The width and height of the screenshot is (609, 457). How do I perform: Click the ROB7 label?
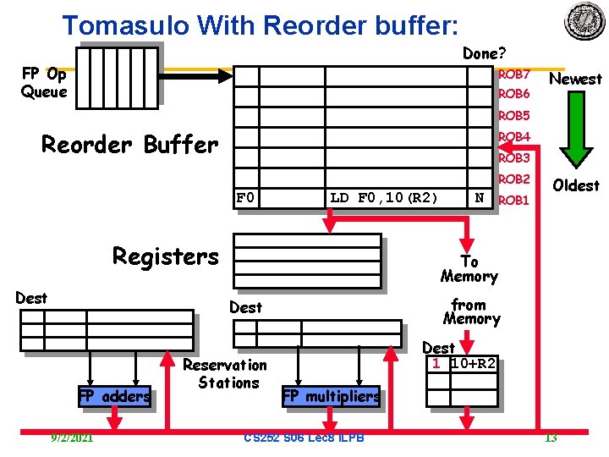pyautogui.click(x=513, y=74)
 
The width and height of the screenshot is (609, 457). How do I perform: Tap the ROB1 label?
pyautogui.click(x=513, y=201)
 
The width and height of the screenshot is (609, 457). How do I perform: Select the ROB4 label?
pyautogui.click(x=513, y=137)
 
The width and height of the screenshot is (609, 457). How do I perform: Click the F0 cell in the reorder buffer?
pyautogui.click(x=246, y=198)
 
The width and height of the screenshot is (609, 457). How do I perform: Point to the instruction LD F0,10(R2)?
pyautogui.click(x=383, y=198)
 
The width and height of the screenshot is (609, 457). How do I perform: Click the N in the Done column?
pyautogui.click(x=479, y=197)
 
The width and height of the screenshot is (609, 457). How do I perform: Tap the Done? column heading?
pyautogui.click(x=484, y=53)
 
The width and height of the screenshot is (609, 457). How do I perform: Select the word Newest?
pyautogui.click(x=575, y=80)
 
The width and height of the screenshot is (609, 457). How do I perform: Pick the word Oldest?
pyautogui.click(x=575, y=185)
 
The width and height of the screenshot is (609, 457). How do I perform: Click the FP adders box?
pyautogui.click(x=114, y=395)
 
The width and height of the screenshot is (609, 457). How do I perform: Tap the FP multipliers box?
pyautogui.click(x=331, y=396)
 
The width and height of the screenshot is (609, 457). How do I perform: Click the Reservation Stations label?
pyautogui.click(x=225, y=374)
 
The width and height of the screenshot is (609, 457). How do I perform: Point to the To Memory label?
pyautogui.click(x=469, y=269)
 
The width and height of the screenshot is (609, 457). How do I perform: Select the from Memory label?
pyautogui.click(x=471, y=311)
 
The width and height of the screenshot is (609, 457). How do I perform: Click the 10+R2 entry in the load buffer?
pyautogui.click(x=474, y=363)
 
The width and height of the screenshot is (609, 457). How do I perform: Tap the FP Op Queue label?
pyautogui.click(x=44, y=83)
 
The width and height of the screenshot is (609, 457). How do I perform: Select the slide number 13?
pyautogui.click(x=550, y=438)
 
